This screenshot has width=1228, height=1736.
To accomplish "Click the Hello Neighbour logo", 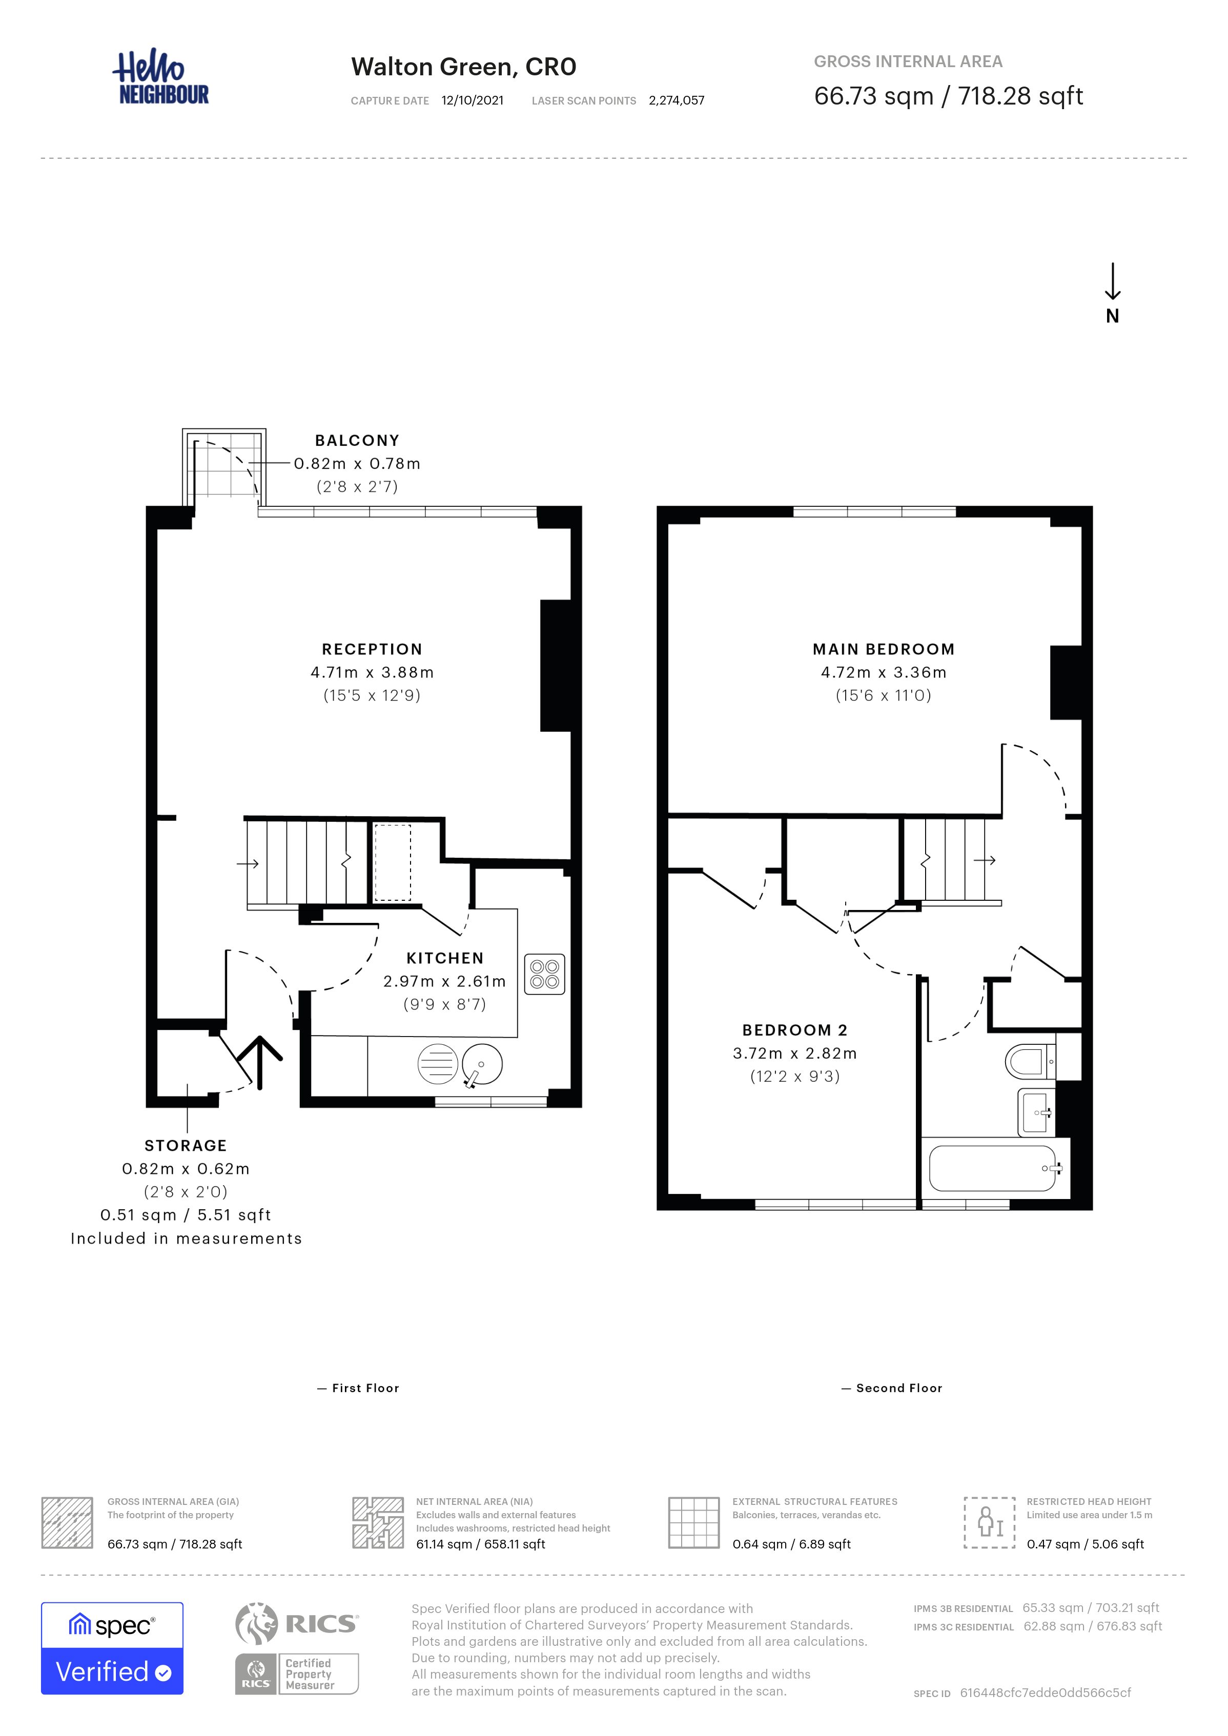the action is coord(161,77).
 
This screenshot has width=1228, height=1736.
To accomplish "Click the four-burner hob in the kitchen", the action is coord(544,974).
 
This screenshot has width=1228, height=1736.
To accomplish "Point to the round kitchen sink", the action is coord(482,1065).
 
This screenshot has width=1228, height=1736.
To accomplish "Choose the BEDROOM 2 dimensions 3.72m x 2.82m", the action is coord(795,1053).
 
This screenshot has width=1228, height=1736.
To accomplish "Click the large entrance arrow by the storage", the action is coord(260,1062).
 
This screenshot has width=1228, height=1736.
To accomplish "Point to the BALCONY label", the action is coord(357,440).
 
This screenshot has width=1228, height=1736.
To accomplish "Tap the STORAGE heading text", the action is coord(186,1146).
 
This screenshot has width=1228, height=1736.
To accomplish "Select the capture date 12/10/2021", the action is coord(473,100).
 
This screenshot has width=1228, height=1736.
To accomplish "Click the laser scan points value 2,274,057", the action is coord(677,100).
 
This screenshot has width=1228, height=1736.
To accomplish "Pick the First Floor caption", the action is coord(365,1388).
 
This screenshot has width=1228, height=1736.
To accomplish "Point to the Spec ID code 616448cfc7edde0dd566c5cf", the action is coord(1046,1693).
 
